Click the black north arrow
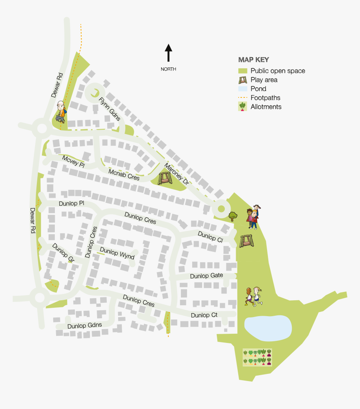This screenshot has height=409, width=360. pos(168,53)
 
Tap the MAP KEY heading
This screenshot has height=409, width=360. pos(254,60)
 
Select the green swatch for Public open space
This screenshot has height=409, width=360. pos(243,71)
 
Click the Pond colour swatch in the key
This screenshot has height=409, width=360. pos(243,89)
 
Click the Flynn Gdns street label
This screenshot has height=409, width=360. pos(110,109)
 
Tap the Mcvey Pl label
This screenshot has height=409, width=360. pos(73,161)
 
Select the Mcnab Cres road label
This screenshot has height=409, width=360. pos(124,174)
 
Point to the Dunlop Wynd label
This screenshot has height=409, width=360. pos(117,254)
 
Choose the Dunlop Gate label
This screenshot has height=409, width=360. pos(206,276)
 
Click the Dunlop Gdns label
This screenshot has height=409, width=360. pos(85,325)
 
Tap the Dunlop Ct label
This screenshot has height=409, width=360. pos(205,315)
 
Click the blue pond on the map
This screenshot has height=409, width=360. pos(267,327)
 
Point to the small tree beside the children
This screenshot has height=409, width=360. pos(233,216)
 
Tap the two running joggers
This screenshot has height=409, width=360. pos(254,297)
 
